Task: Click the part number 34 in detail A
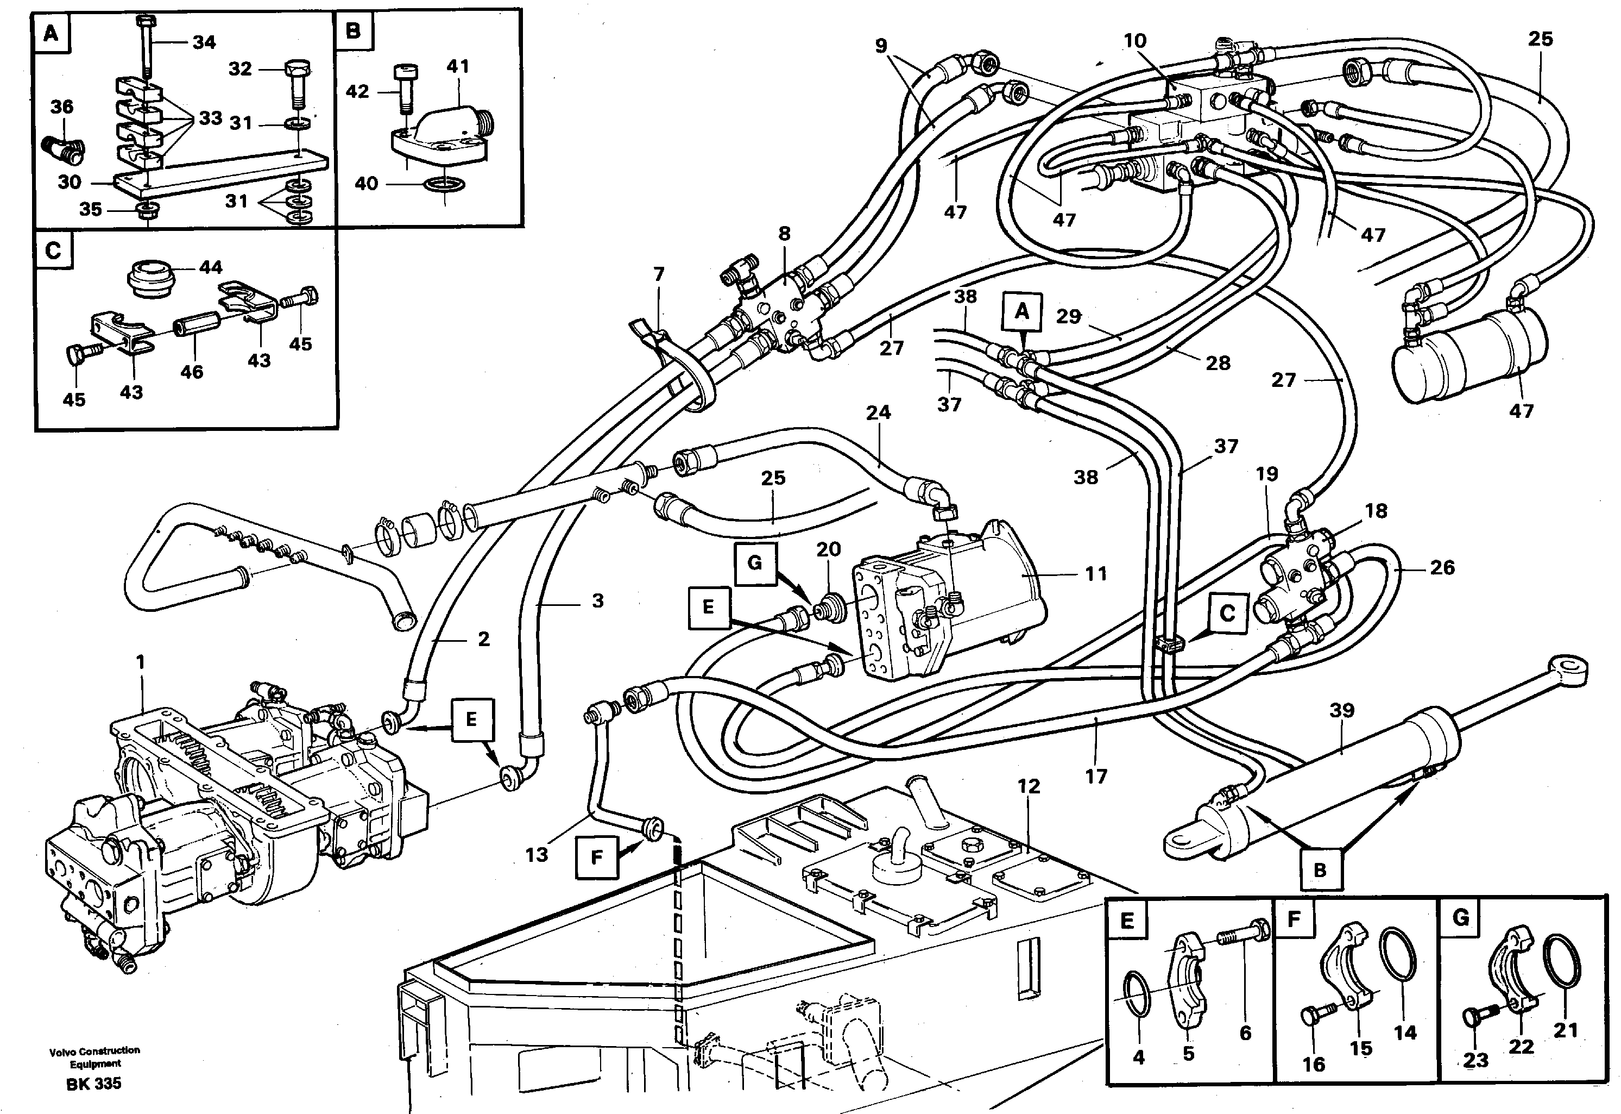[204, 42]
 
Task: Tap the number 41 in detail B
[458, 67]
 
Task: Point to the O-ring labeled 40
[444, 184]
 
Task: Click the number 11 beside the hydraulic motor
[1096, 574]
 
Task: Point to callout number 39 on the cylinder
[1341, 711]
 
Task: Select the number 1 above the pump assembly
[141, 662]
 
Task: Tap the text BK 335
[93, 1083]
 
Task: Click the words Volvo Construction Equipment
[94, 1057]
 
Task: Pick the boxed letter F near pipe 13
[596, 856]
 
